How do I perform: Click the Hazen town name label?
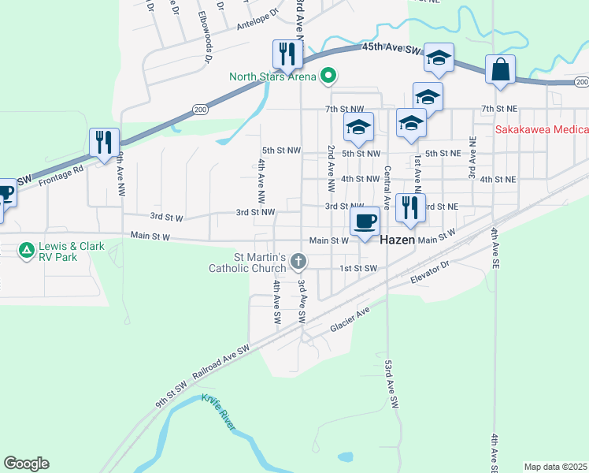[x=398, y=240]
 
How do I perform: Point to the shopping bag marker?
[x=500, y=69]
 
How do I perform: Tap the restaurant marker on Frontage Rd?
[x=104, y=142]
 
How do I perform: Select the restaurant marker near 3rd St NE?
[x=410, y=207]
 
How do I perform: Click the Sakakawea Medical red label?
[x=542, y=130]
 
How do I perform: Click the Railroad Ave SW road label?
[x=221, y=359]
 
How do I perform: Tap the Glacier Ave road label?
[x=350, y=318]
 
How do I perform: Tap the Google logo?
[x=26, y=464]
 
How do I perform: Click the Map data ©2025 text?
[x=556, y=467]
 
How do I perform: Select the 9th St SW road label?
[x=171, y=394]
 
